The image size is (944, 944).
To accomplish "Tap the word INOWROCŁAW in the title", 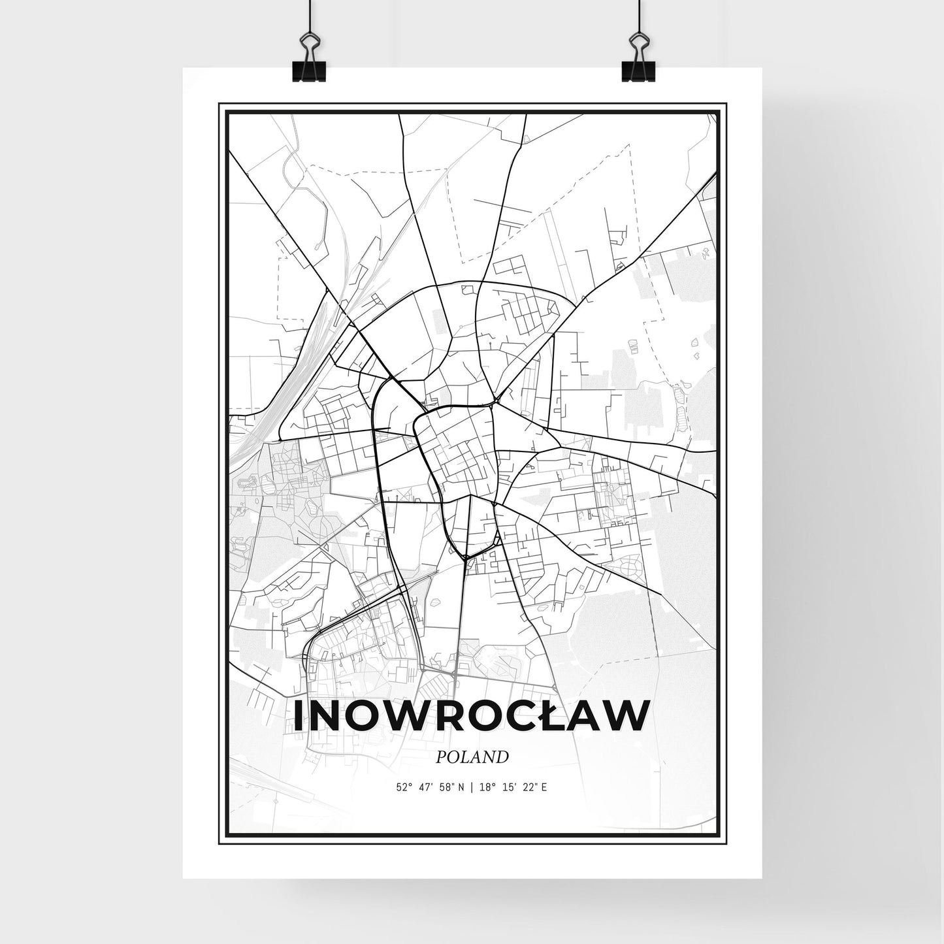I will (472, 716).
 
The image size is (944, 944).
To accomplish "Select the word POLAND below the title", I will (472, 757).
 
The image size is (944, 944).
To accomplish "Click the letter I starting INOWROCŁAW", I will (299, 716).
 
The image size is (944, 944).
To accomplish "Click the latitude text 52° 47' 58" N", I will (429, 787).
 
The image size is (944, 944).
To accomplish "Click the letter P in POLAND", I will (440, 757).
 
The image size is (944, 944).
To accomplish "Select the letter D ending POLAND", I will (502, 757).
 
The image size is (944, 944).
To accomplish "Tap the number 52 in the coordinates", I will (400, 787).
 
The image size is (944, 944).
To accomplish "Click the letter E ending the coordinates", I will (544, 787).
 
